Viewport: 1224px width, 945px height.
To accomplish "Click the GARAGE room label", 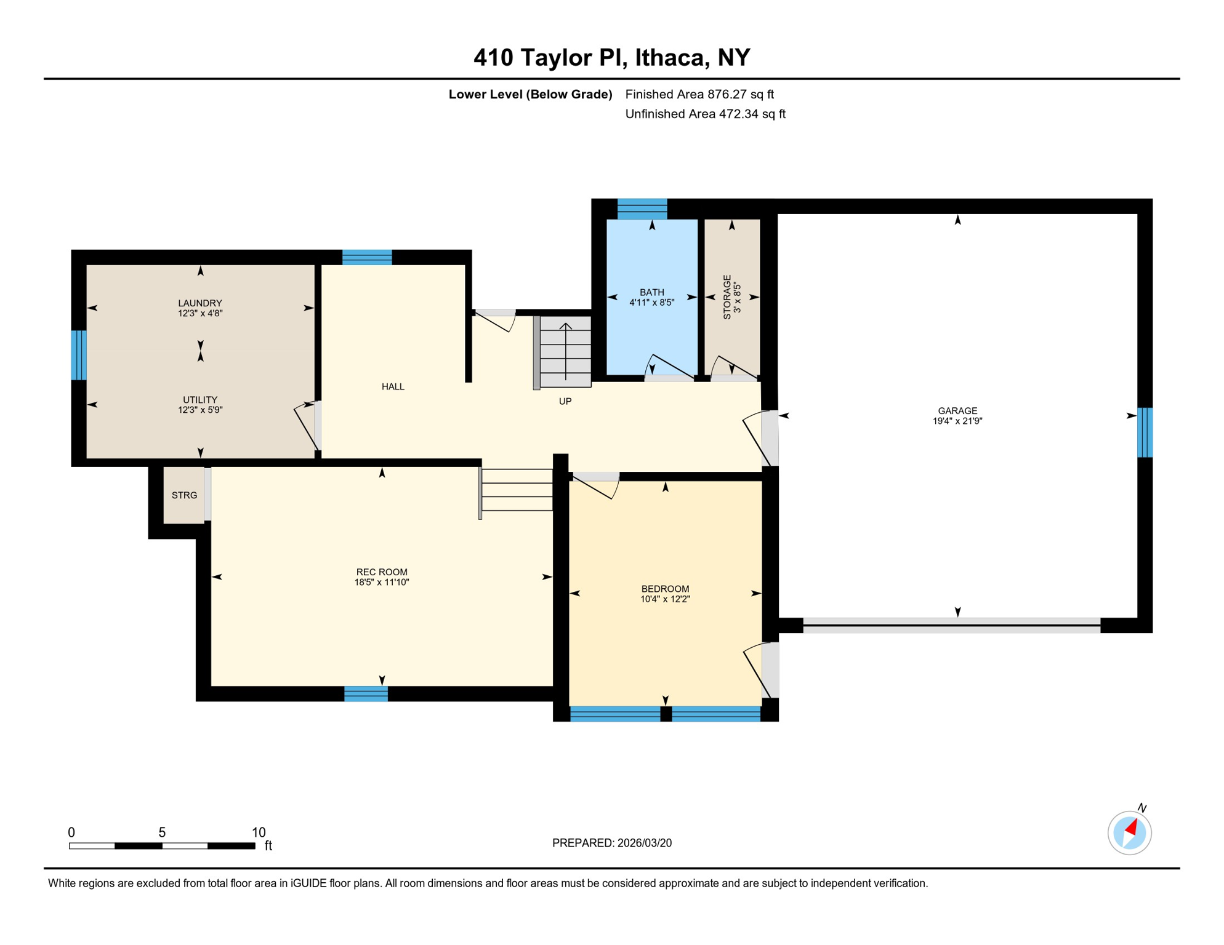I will [x=957, y=410].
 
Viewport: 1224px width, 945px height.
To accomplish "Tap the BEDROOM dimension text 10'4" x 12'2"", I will [x=665, y=599].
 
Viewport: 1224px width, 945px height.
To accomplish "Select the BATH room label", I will [x=651, y=292].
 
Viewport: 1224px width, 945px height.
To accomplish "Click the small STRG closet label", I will [x=184, y=495].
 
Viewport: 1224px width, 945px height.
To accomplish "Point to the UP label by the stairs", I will [x=565, y=401].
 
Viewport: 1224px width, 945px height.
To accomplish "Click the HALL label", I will [x=393, y=386].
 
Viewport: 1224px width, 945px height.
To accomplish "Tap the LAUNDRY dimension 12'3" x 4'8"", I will [x=200, y=313].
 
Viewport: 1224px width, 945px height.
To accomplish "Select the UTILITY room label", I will [x=200, y=399].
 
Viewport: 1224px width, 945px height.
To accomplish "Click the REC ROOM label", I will [x=382, y=572].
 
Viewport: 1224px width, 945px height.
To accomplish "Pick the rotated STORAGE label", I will [x=727, y=297].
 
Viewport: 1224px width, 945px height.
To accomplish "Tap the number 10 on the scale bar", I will [x=259, y=832].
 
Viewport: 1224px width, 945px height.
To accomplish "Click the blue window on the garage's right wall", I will [x=1145, y=433].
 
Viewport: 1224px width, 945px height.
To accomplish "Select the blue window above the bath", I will [x=642, y=209].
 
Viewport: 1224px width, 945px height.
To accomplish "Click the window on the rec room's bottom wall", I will [x=366, y=694].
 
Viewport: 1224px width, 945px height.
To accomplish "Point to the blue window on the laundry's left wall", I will [x=79, y=355].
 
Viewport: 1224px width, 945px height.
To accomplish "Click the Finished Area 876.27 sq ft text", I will [x=699, y=94].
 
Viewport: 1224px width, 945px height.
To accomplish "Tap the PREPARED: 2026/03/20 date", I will [x=611, y=843].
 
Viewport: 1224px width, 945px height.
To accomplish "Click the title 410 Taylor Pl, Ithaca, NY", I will [x=611, y=58].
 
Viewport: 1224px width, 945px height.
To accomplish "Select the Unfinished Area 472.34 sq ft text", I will [x=705, y=114].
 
